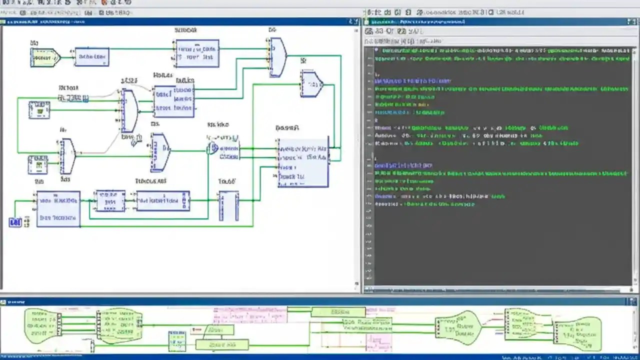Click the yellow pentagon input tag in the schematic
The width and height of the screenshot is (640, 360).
pyautogui.click(x=44, y=57)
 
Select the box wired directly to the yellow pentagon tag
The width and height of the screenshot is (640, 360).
pyautogui.click(x=91, y=57)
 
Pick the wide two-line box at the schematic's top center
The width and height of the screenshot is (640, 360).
pyautogui.click(x=197, y=53)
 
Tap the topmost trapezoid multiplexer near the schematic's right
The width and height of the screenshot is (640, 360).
pyautogui.click(x=277, y=57)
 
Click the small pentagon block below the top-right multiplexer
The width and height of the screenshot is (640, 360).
pyautogui.click(x=311, y=84)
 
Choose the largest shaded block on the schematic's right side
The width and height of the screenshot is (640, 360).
pyautogui.click(x=303, y=162)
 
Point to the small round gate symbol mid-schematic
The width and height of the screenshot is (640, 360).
pyautogui.click(x=213, y=148)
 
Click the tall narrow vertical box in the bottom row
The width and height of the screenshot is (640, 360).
pyautogui.click(x=228, y=205)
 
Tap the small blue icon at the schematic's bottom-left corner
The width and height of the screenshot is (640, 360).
pyautogui.click(x=15, y=222)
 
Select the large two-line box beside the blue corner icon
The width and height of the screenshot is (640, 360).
pyautogui.click(x=58, y=208)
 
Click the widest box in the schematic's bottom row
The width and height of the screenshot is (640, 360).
pyautogui.click(x=163, y=201)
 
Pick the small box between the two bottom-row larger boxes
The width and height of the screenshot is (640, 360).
pyautogui.click(x=110, y=201)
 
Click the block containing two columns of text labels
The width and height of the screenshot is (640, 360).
pyautogui.click(x=173, y=101)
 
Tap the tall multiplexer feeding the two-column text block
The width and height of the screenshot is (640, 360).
pyautogui.click(x=129, y=111)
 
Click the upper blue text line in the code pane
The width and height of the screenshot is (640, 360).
pyautogui.click(x=413, y=80)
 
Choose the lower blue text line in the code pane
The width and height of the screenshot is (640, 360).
pyautogui.click(x=403, y=165)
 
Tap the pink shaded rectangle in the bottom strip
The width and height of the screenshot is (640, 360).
pyautogui.click(x=378, y=342)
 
